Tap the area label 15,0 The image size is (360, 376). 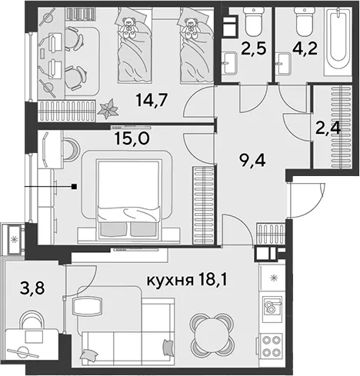pyautogui.click(x=132, y=139)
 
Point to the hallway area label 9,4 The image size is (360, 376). pyautogui.click(x=252, y=161)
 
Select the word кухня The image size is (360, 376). pyautogui.click(x=170, y=281)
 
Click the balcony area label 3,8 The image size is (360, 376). pyautogui.click(x=32, y=289)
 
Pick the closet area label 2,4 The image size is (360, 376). pyautogui.click(x=328, y=129)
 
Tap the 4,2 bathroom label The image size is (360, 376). pyautogui.click(x=305, y=48)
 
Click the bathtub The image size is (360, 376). pyautogui.click(x=338, y=42)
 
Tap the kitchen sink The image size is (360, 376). pyautogui.click(x=272, y=306)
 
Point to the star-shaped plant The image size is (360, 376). pyautogui.click(x=108, y=109)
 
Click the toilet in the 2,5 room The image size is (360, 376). pyautogui.click(x=254, y=22)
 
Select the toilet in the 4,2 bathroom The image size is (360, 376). pyautogui.click(x=305, y=22)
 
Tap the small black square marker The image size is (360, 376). pyautogui.click(x=75, y=186)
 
